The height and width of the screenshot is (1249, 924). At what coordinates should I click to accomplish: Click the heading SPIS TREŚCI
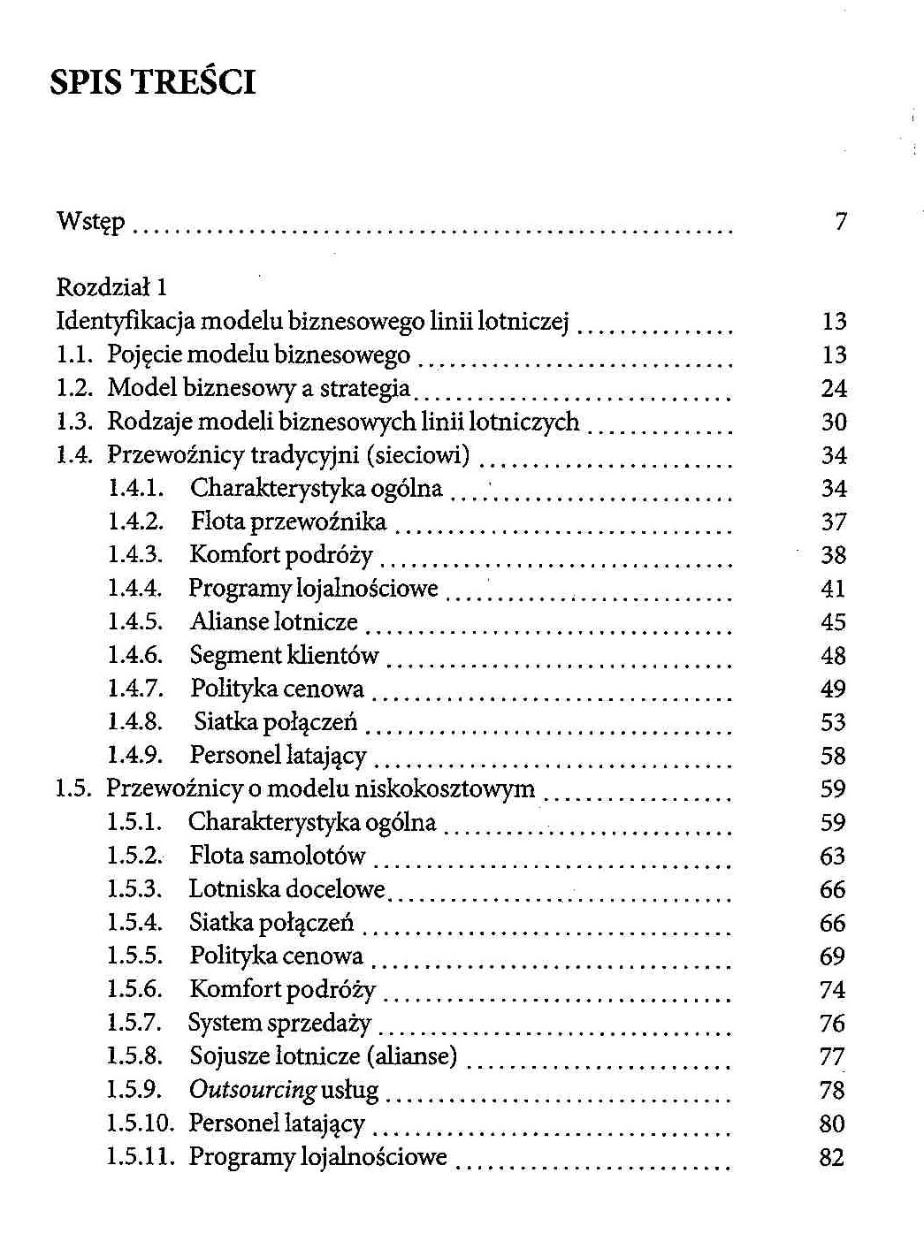153,82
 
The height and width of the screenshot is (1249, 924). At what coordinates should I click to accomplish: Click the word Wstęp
90,221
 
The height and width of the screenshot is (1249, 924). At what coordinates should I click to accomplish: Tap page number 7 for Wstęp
841,221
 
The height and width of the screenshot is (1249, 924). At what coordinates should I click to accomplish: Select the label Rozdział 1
111,287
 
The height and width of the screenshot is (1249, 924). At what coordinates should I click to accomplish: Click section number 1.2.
75,388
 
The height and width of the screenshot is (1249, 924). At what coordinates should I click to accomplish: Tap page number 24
834,388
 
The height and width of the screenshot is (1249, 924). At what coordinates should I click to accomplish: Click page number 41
834,589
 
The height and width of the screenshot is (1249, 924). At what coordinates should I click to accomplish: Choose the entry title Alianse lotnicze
274,622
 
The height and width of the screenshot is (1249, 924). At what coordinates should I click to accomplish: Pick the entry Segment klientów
284,656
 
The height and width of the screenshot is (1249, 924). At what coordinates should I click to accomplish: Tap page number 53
834,722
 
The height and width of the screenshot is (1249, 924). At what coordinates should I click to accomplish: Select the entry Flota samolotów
277,856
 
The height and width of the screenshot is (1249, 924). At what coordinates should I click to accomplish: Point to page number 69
833,956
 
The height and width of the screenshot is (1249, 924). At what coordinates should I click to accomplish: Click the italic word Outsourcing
253,1090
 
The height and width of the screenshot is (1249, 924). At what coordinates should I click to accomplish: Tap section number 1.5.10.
141,1123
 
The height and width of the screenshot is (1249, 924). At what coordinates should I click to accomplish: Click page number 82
832,1157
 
